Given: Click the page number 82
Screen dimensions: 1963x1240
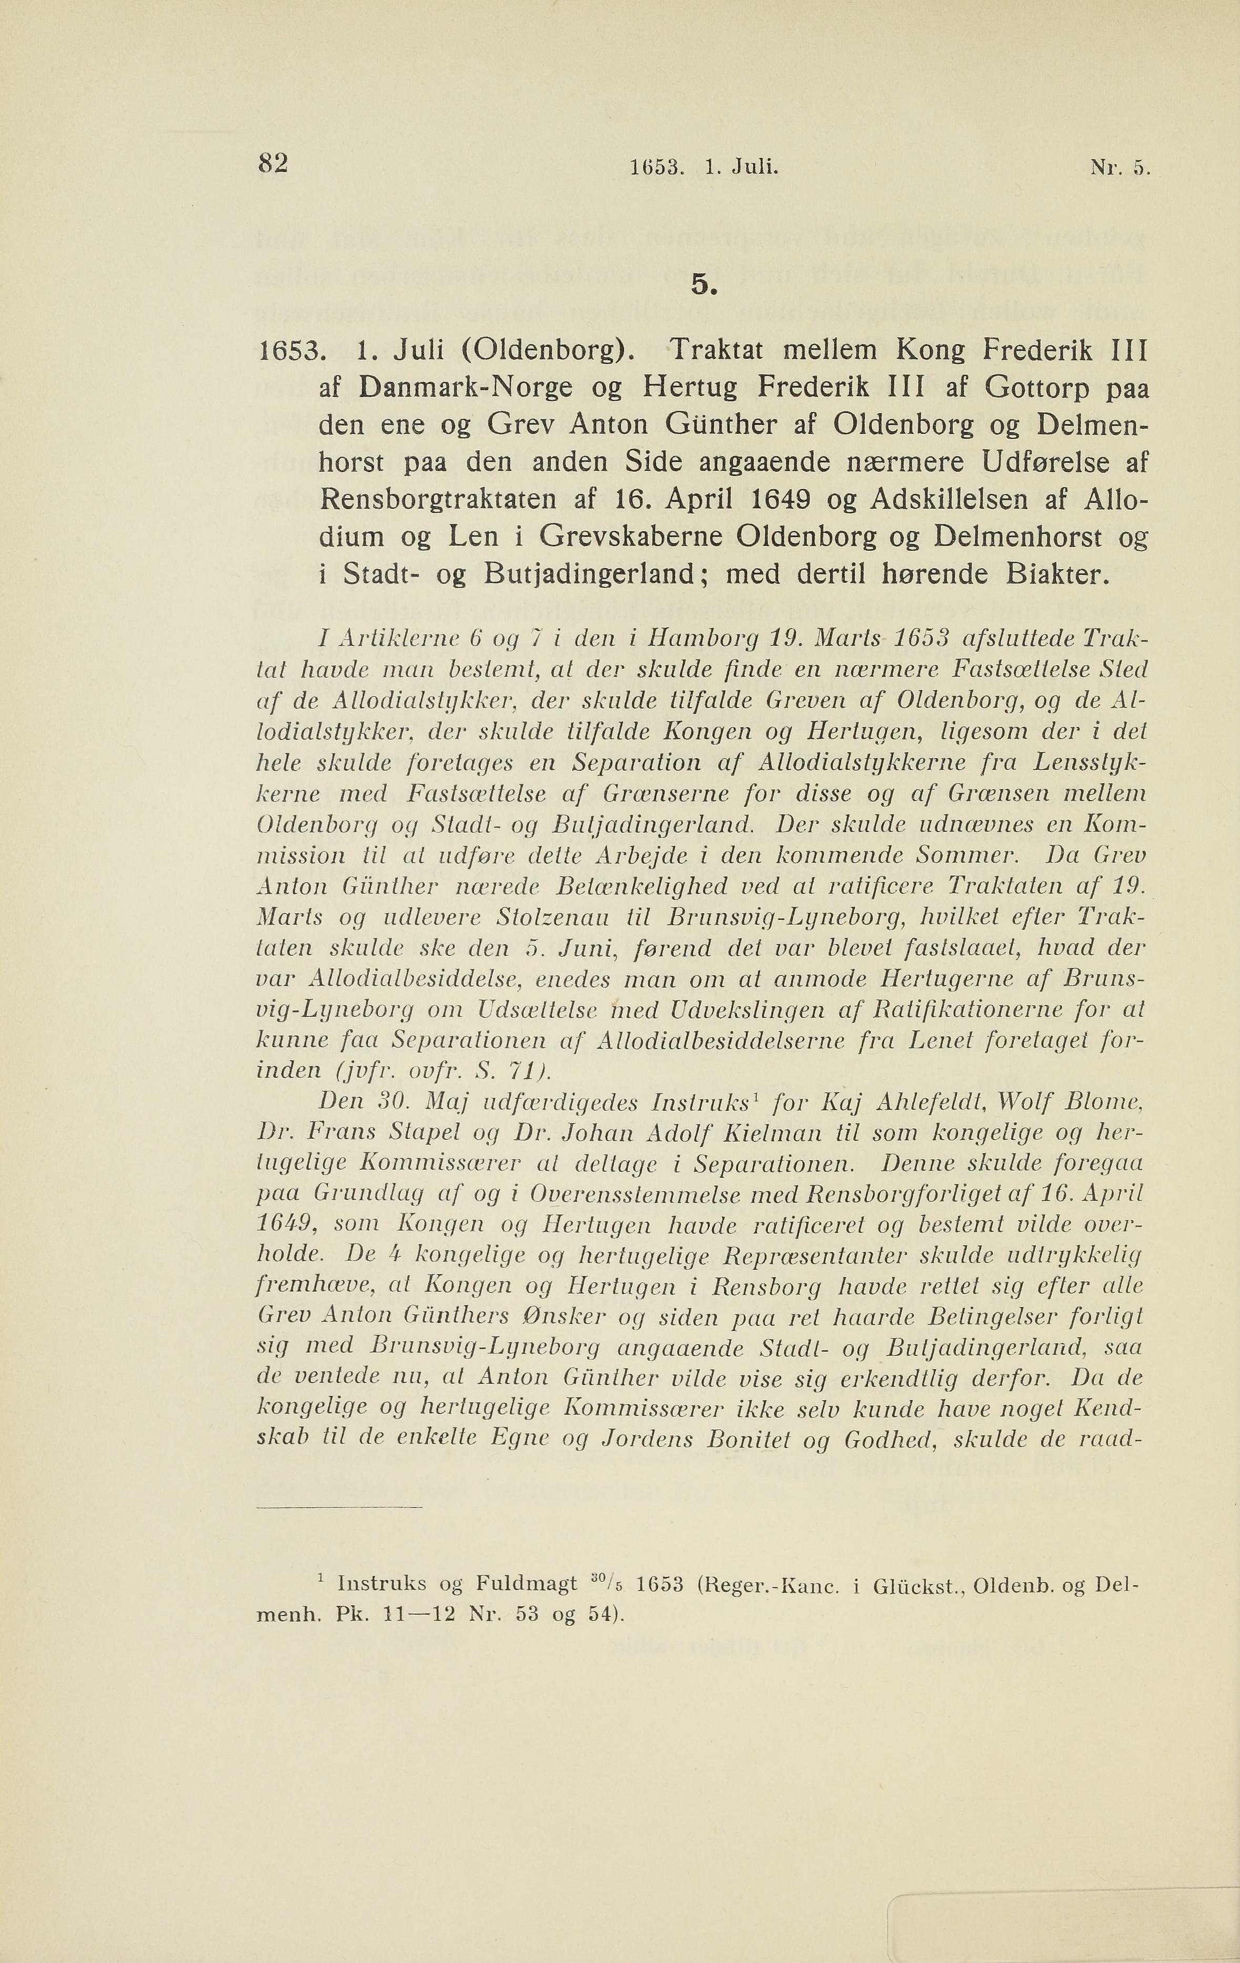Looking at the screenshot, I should point(273,164).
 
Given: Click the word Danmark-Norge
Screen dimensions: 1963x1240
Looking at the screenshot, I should point(473,388).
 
